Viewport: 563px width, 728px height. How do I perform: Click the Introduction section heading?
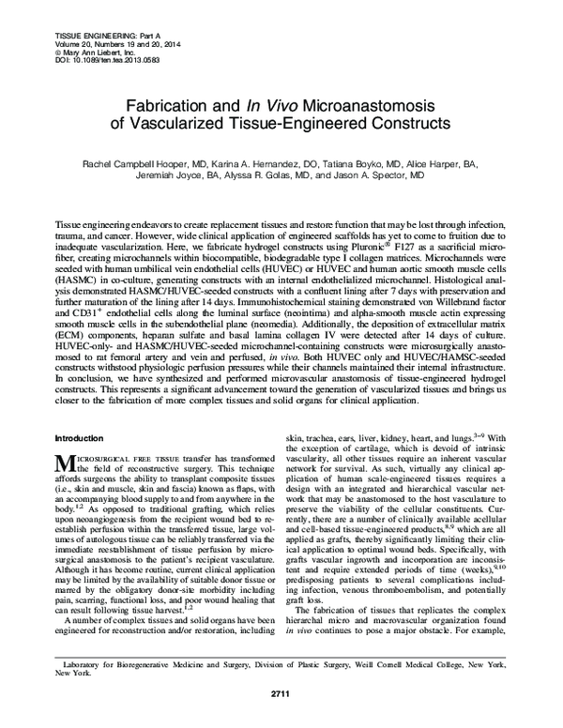[x=82, y=438]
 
